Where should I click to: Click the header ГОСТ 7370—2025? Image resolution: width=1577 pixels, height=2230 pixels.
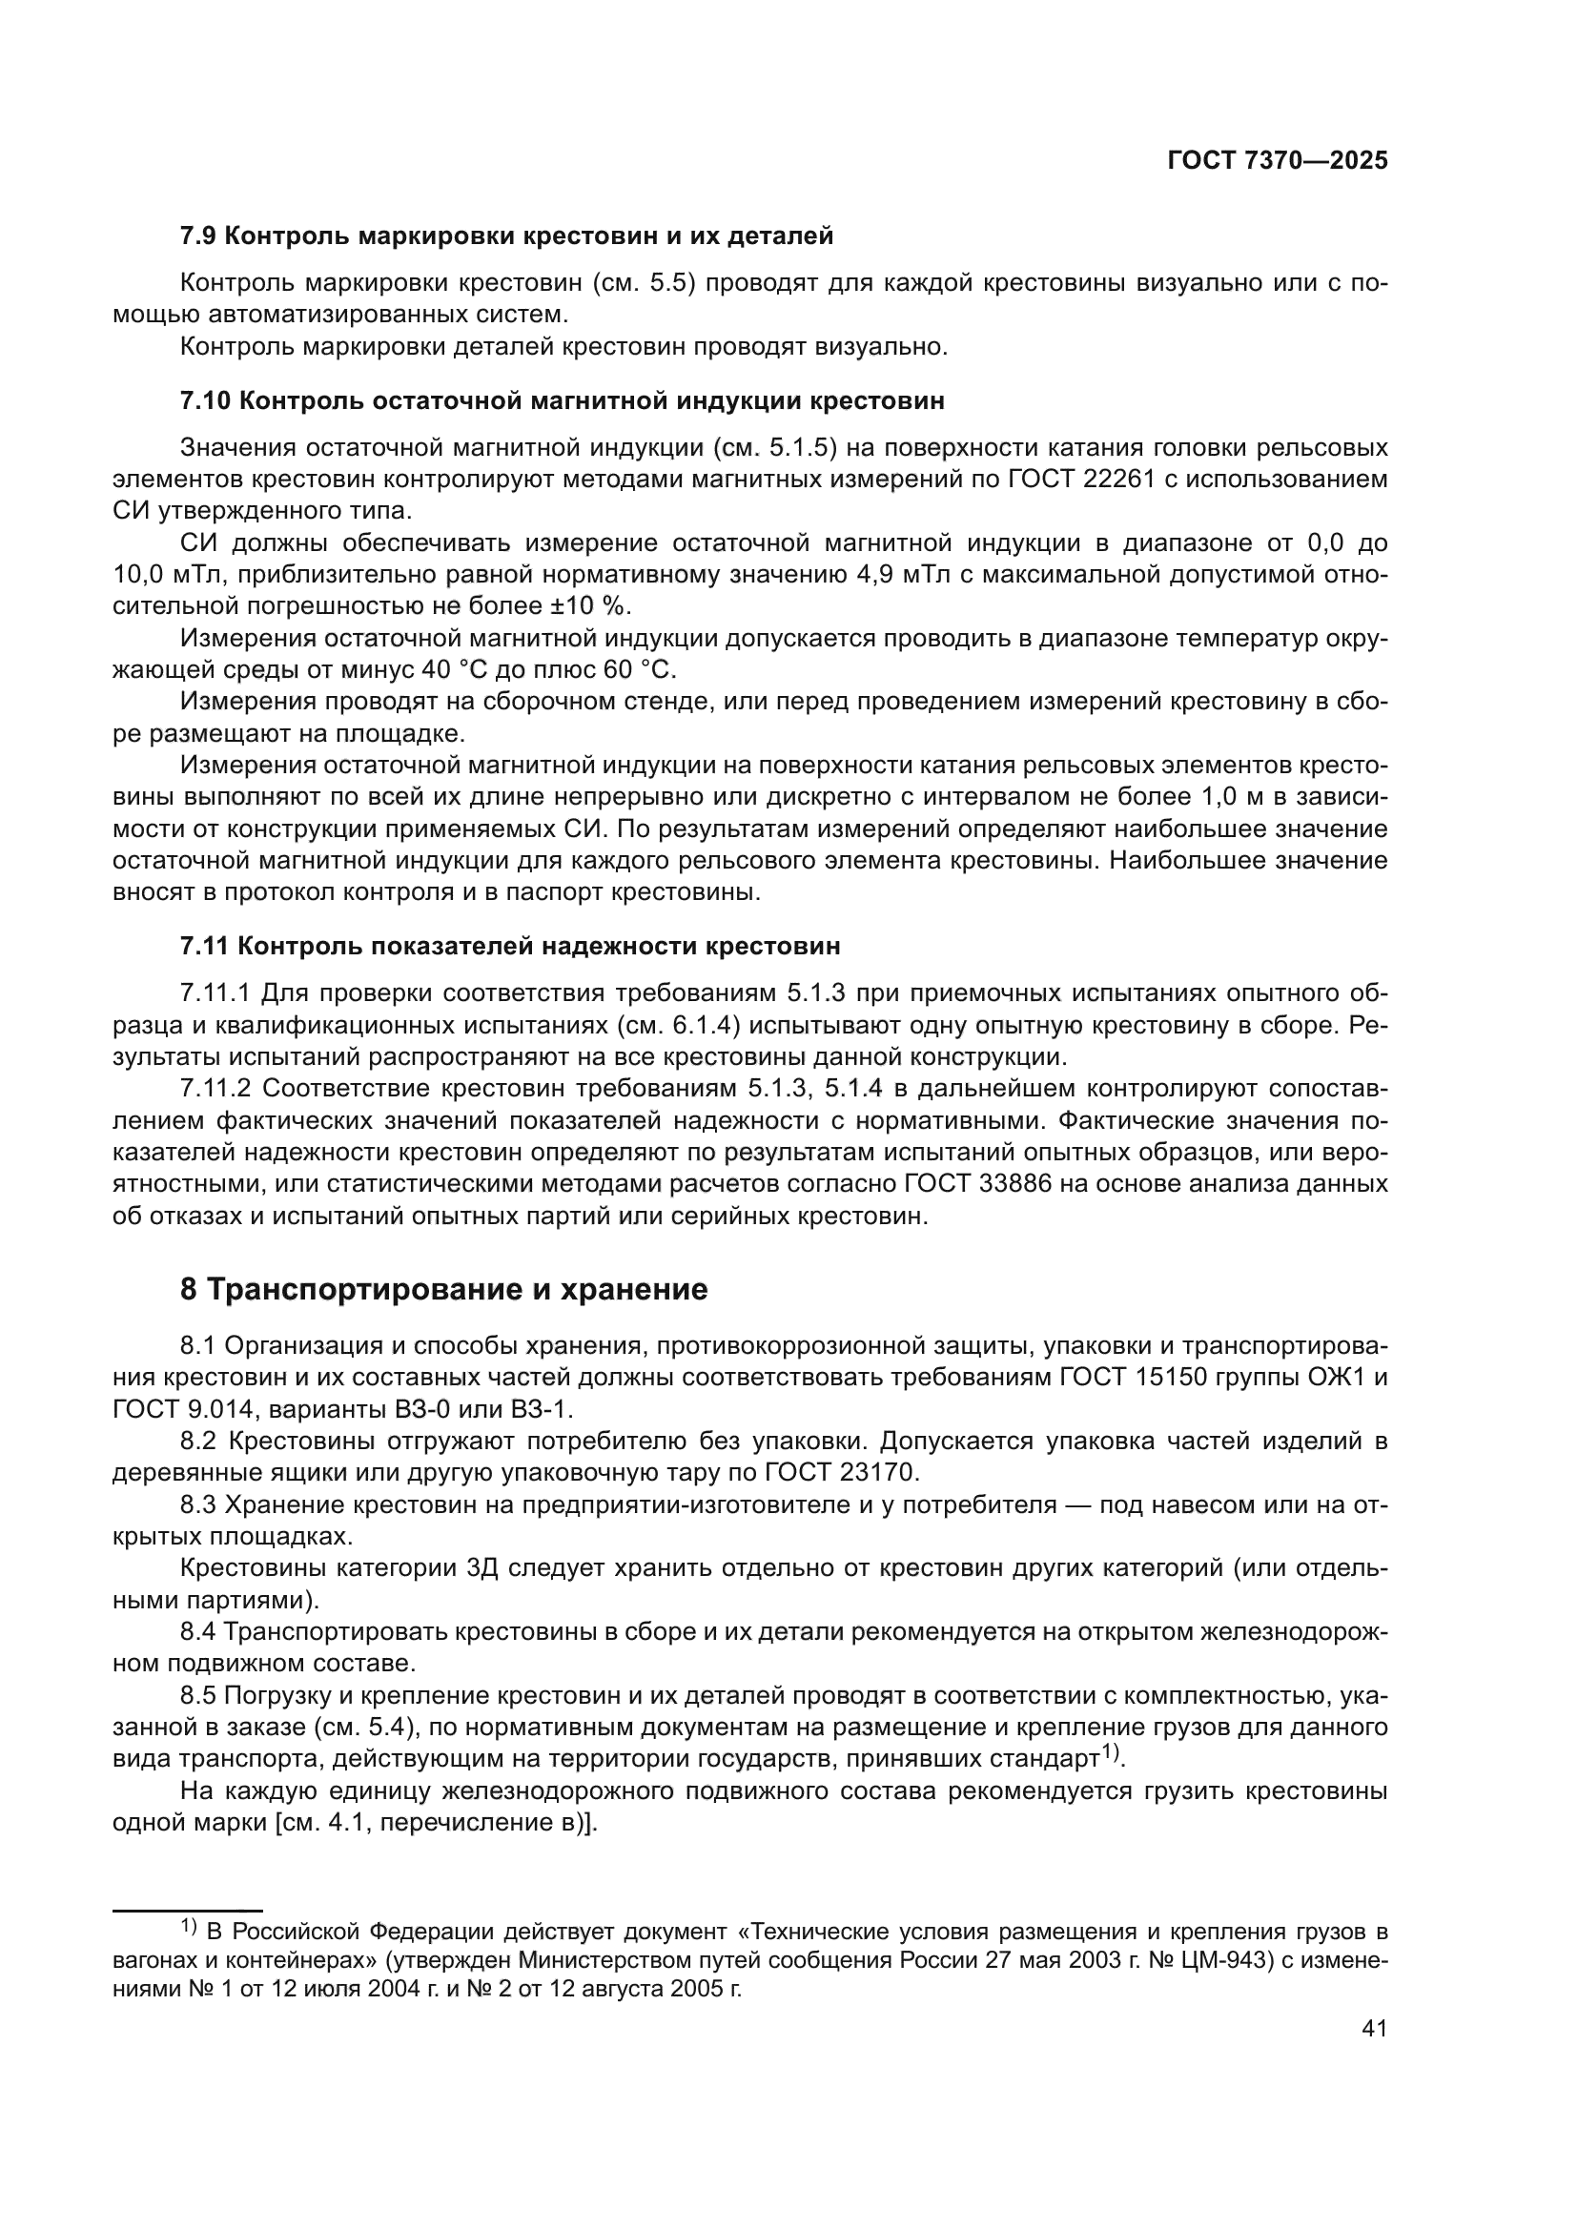pyautogui.click(x=1277, y=161)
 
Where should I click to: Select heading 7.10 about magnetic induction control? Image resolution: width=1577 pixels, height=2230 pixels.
pyautogui.click(x=563, y=400)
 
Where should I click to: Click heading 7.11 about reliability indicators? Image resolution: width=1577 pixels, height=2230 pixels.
pyautogui.click(x=510, y=945)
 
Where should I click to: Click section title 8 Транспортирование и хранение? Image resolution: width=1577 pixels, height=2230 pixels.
pyautogui.click(x=443, y=1290)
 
